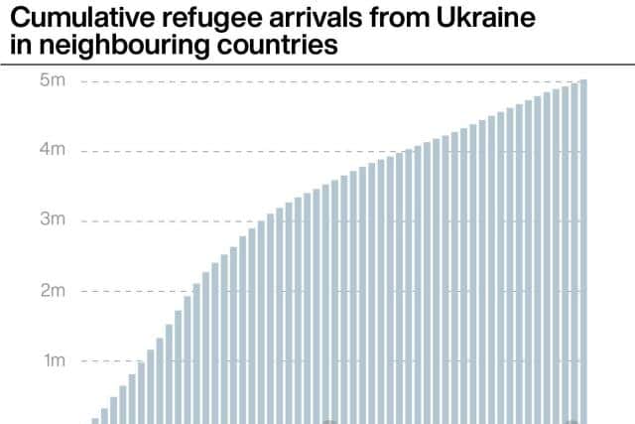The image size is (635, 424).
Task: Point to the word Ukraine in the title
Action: click(486, 18)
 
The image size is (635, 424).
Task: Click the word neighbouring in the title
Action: click(124, 46)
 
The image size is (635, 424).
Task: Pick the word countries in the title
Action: click(277, 45)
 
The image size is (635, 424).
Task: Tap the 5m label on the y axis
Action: click(53, 80)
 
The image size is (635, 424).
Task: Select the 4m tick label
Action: click(53, 150)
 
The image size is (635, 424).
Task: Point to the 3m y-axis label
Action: click(53, 219)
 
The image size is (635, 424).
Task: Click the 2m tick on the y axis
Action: click(53, 291)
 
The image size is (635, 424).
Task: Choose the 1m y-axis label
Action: click(55, 360)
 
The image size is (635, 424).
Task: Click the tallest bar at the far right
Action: click(583, 252)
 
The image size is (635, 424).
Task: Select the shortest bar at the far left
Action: click(95, 421)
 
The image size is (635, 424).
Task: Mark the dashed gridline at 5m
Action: click(330, 81)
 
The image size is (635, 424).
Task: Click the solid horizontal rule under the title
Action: click(317, 65)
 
